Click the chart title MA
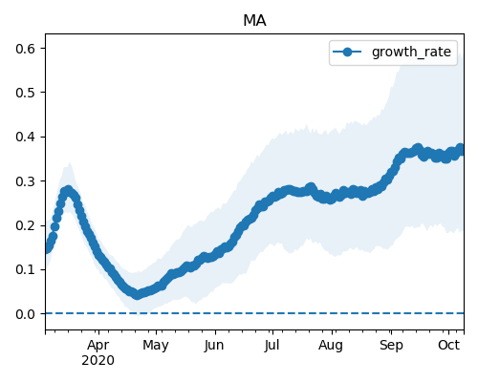coord(254,21)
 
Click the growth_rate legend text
coord(411,52)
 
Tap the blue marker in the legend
coord(347,52)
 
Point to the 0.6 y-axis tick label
coord(25,49)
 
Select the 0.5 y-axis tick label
coord(25,93)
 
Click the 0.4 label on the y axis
coord(25,137)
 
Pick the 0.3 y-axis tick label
coord(25,181)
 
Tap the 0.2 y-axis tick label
coord(25,225)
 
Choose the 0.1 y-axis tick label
coord(25,270)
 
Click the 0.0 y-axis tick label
coord(25,314)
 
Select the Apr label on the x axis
coord(98,346)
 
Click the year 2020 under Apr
coord(98,361)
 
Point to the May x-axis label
coord(156,346)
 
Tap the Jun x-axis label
coord(214,346)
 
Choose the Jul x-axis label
coord(272,346)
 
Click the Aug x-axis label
coord(331,346)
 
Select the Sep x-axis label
coord(391,346)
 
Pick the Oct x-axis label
coord(448,346)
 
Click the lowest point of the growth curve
coord(137,294)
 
